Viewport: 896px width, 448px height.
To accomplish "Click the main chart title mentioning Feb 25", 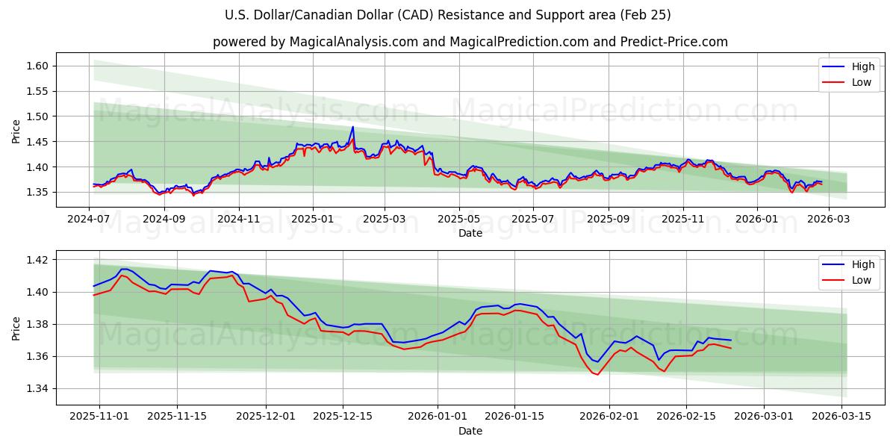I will click(448, 15).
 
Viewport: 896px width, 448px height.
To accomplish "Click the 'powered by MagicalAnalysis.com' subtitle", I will click(470, 42).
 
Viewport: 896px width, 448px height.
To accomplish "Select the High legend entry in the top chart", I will click(852, 66).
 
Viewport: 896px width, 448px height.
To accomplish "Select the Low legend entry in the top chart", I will click(852, 82).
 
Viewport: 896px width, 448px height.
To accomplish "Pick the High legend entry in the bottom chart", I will click(852, 264).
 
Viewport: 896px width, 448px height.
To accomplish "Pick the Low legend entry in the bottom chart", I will click(852, 280).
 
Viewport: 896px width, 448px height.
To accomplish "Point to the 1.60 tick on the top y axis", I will click(37, 66).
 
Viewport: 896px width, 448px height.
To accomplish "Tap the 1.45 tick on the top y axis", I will click(37, 142).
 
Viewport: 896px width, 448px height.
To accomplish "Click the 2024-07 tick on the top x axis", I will click(90, 220).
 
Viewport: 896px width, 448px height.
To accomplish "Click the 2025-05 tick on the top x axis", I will click(458, 220).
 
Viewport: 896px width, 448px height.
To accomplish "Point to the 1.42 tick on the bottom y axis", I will click(37, 260).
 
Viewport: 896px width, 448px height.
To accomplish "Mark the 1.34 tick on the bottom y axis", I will click(37, 388).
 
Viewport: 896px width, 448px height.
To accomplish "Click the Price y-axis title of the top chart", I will click(16, 130).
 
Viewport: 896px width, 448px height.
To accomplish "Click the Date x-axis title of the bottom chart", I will click(470, 431).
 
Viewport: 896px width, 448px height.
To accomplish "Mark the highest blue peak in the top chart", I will click(352, 127).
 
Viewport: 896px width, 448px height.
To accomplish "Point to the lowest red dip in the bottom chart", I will click(597, 374).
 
